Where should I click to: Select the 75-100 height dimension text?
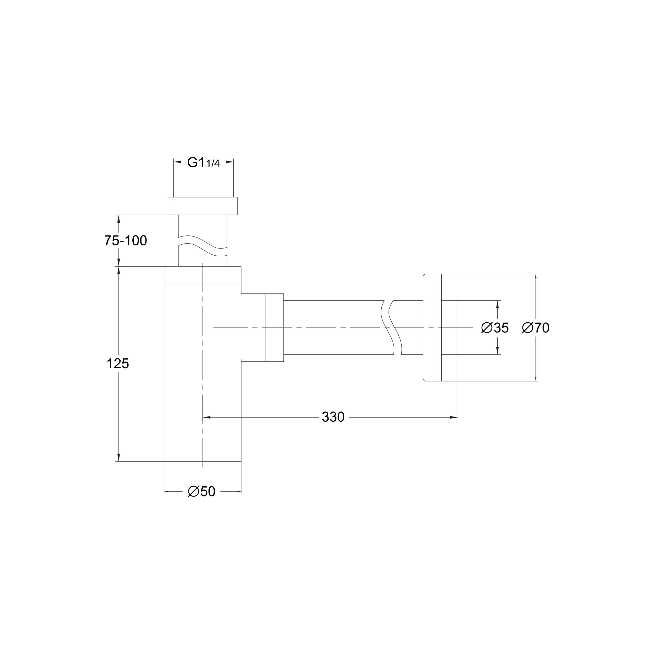(x=125, y=241)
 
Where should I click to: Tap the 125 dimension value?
(x=118, y=364)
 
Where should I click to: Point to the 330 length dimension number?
(x=333, y=417)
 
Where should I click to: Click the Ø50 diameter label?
(x=202, y=492)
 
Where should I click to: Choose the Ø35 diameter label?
(x=495, y=328)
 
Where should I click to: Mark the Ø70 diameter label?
(x=536, y=328)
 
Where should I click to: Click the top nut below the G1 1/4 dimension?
(x=203, y=206)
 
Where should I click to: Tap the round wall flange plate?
(x=432, y=327)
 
